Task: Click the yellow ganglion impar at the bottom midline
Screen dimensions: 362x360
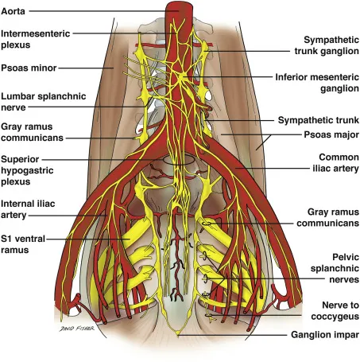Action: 179,334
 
